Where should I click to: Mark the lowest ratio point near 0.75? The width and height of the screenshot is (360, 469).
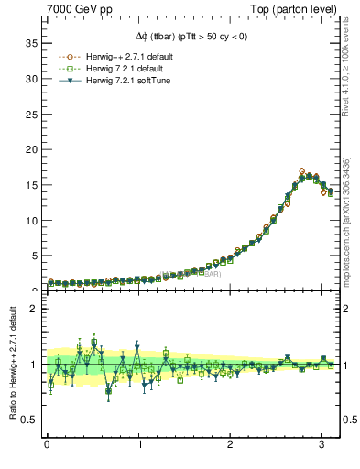(109, 391)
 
